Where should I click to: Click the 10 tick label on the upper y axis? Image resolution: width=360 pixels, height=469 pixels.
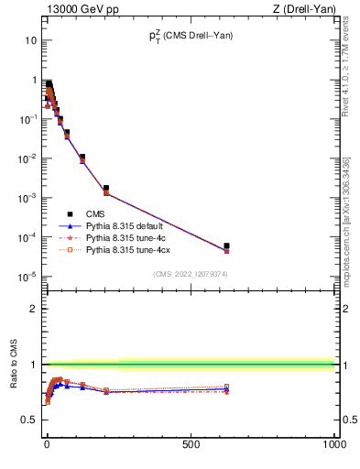(30, 40)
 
